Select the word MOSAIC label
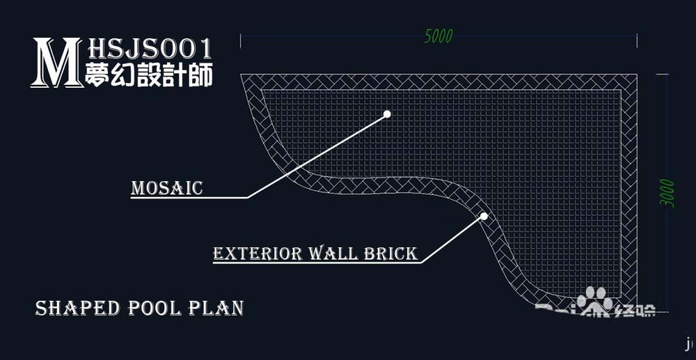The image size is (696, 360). click(x=167, y=188)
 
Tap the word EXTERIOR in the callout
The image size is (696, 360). click(x=258, y=253)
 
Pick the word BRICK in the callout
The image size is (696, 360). click(x=391, y=253)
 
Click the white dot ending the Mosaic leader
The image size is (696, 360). click(x=387, y=114)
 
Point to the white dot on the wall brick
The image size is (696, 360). click(x=484, y=216)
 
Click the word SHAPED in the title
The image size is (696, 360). click(x=77, y=308)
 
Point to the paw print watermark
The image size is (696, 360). click(x=596, y=301)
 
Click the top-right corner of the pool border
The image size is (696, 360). click(x=637, y=75)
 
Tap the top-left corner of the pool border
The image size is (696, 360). click(x=242, y=75)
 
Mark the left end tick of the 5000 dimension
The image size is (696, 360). click(x=241, y=41)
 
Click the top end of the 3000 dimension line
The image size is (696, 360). click(x=667, y=75)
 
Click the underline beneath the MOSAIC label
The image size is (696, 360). click(x=188, y=198)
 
